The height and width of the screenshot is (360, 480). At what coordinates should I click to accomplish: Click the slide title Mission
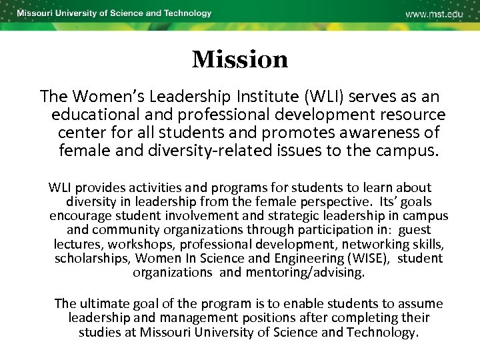240,60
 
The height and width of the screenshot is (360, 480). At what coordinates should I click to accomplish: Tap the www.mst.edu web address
434,14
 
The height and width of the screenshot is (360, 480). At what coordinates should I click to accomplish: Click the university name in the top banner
114,13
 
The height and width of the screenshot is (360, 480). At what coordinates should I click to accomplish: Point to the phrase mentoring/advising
305,272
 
